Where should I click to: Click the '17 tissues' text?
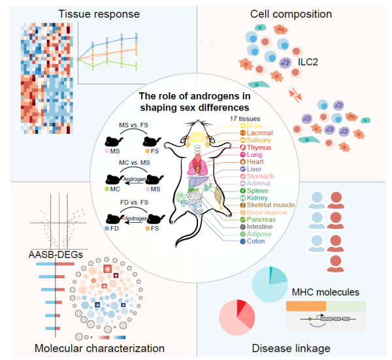[x=245, y=117]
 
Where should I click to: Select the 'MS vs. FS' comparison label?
[x=132, y=125]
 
